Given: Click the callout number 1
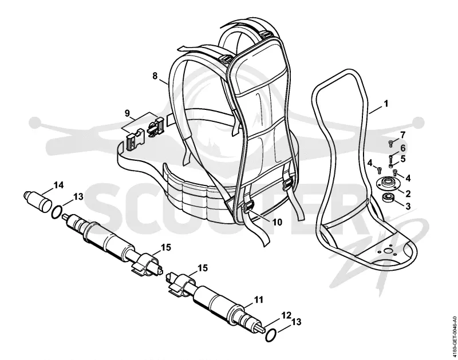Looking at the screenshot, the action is [x=386, y=104].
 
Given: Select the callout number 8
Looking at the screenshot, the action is [x=155, y=76].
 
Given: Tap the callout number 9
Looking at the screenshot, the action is [x=127, y=113].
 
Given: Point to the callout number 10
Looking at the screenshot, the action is [x=278, y=222].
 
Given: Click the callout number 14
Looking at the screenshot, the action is [x=58, y=185].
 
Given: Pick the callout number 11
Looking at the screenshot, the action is [x=259, y=299].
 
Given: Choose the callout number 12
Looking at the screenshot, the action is [x=286, y=315].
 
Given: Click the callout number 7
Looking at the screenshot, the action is [x=403, y=135].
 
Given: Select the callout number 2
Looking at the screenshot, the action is [x=408, y=193].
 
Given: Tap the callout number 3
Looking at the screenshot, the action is [x=408, y=206].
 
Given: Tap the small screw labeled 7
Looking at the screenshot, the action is [x=391, y=143].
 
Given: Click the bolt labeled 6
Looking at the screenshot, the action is [x=390, y=158].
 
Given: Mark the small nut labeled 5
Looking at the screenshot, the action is [x=390, y=166].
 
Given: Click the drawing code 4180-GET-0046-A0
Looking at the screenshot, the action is [x=454, y=333].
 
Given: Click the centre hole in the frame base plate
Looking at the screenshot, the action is [x=388, y=251].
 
